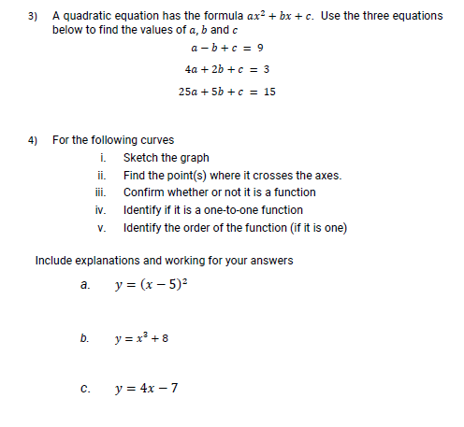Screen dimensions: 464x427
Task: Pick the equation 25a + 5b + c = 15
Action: pos(226,92)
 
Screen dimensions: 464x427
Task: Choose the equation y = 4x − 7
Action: pos(145,388)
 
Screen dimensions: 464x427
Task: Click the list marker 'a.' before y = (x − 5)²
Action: pos(85,286)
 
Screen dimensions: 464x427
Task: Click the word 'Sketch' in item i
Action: pos(139,158)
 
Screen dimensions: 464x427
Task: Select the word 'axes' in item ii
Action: pos(327,176)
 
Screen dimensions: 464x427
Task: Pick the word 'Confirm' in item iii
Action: pos(143,192)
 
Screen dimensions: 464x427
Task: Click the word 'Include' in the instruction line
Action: pos(53,261)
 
